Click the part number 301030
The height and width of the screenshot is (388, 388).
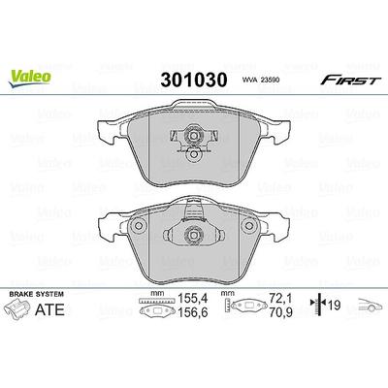pyautogui.click(x=194, y=80)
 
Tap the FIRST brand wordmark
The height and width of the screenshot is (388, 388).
pyautogui.click(x=351, y=80)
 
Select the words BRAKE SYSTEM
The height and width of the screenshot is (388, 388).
pyautogui.click(x=36, y=294)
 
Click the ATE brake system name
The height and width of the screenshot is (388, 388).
pyautogui.click(x=49, y=309)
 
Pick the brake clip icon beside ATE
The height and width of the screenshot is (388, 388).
pyautogui.click(x=17, y=309)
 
